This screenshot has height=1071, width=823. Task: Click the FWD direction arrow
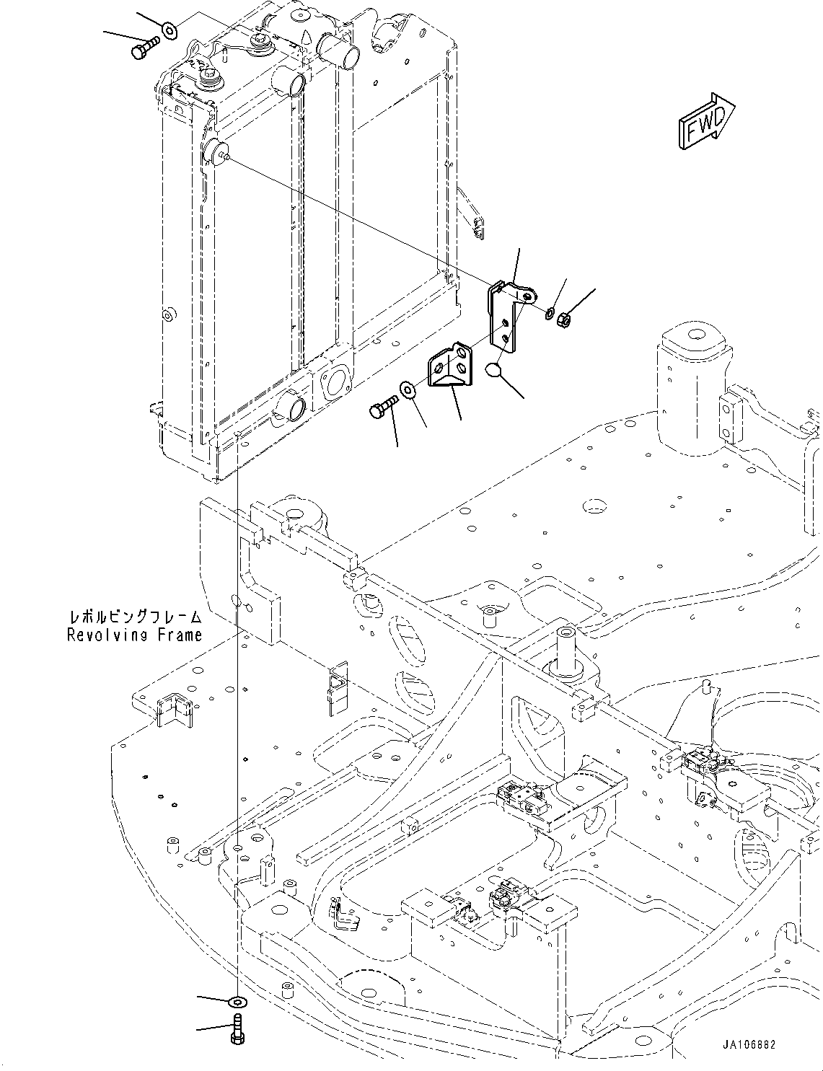click(706, 121)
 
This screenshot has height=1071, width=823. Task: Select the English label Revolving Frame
click(135, 635)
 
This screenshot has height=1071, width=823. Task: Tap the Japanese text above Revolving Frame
click(135, 617)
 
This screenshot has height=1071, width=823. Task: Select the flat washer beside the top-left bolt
click(170, 30)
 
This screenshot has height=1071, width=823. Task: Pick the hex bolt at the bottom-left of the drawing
click(237, 1027)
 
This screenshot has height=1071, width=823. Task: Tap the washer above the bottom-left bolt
click(237, 1002)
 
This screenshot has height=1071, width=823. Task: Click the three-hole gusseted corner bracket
click(450, 368)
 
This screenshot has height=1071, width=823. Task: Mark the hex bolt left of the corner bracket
click(383, 407)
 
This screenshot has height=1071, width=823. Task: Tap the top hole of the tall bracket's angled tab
click(530, 294)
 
